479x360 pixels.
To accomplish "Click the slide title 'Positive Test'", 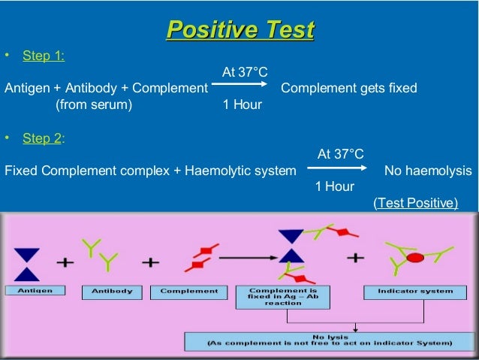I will [239, 30].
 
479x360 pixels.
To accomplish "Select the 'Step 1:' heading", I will [44, 56].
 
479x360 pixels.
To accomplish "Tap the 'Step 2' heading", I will [43, 139].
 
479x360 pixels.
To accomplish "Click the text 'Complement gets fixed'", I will [348, 88].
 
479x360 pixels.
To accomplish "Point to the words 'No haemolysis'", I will [428, 171].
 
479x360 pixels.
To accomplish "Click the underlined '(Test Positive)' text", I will [415, 202].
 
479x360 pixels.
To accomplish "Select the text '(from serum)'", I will [94, 104].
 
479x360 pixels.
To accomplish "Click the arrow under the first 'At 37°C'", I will [239, 88].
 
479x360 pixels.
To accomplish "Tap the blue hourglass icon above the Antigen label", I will [29, 262].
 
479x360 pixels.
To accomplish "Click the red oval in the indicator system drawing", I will [414, 258].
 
